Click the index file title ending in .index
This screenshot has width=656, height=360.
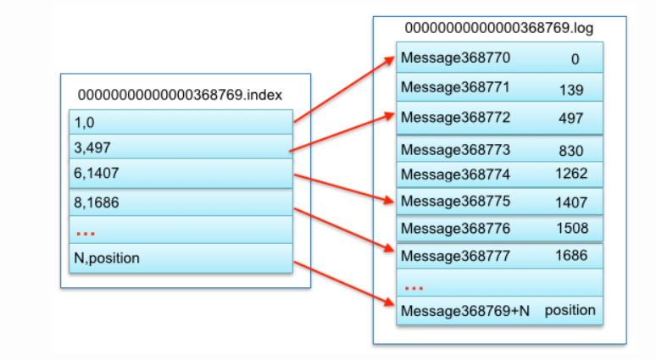tap(180, 95)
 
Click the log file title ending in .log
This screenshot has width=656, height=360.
tap(498, 28)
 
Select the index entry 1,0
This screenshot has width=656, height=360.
tap(85, 123)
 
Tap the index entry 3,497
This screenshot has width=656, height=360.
tap(92, 147)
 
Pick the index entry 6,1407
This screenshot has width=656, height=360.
tap(97, 173)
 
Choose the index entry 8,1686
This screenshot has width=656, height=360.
tap(97, 202)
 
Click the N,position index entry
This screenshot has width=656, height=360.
tap(107, 258)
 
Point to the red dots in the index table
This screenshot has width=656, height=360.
tap(86, 233)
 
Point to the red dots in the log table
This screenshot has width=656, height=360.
tap(414, 288)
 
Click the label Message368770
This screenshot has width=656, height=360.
tap(456, 58)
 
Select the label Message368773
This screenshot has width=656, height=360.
tap(456, 150)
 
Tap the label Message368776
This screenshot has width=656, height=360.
tap(456, 229)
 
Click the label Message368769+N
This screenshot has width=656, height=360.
tap(465, 311)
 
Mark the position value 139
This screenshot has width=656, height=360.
tap(571, 90)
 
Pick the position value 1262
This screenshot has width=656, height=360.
tap(571, 174)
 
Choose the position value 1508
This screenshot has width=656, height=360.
tap(572, 229)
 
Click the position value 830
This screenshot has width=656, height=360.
tap(571, 151)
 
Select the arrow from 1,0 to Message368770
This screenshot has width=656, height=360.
tap(344, 90)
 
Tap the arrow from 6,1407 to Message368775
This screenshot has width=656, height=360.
tap(344, 189)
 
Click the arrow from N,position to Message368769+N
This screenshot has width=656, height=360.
tap(344, 284)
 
